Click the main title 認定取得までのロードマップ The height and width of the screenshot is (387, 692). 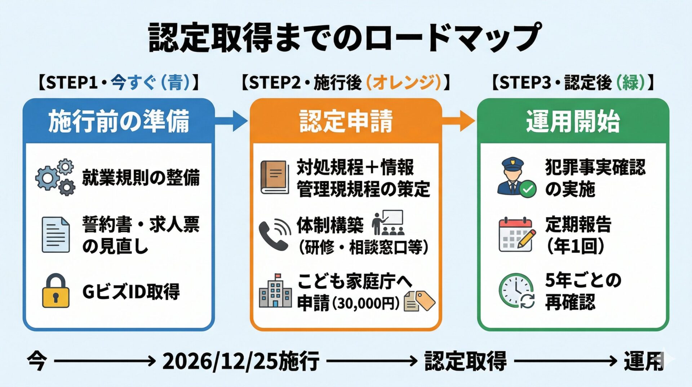pos(345,37)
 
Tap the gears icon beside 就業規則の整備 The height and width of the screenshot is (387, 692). pos(56,177)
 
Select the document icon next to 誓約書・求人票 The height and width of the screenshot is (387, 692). pos(56,235)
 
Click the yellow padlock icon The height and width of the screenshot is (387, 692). pos(56,291)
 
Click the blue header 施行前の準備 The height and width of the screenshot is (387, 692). pos(119,121)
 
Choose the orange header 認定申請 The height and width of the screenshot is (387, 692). pos(346,121)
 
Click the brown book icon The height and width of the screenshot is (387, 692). pos(275,177)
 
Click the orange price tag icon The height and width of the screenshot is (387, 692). pos(425,300)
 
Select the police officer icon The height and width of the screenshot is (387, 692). pos(515,177)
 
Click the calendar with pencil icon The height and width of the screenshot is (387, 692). pos(516,235)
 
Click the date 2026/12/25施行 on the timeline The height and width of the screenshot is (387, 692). pos(241,361)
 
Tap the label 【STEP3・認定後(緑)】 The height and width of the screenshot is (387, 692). pos(573,83)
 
